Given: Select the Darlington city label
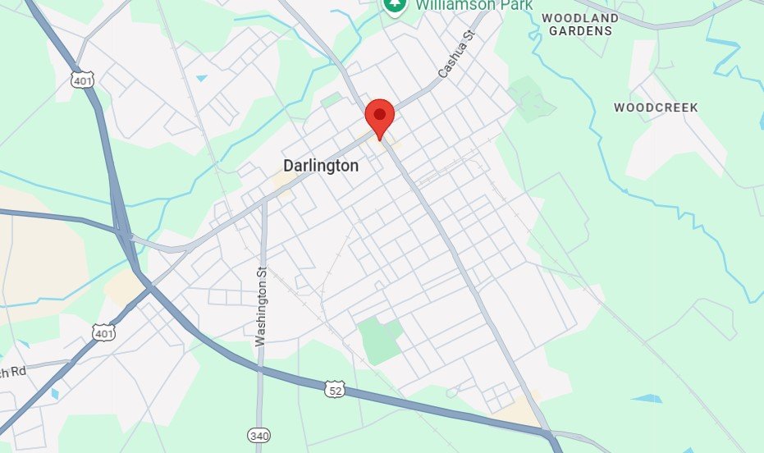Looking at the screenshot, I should point(321,166).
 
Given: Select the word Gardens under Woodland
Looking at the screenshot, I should point(580,31).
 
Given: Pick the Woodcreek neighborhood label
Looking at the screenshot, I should point(656,108).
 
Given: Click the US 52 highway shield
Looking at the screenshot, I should point(334,387).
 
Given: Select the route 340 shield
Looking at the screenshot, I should point(258,434).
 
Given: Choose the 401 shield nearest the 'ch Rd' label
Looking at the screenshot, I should point(104,333).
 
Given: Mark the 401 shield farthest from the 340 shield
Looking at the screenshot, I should point(82,80).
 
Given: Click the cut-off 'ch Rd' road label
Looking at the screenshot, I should point(13,372).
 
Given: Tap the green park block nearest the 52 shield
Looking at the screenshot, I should point(379,338).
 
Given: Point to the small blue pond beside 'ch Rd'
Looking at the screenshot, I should point(54,394).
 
